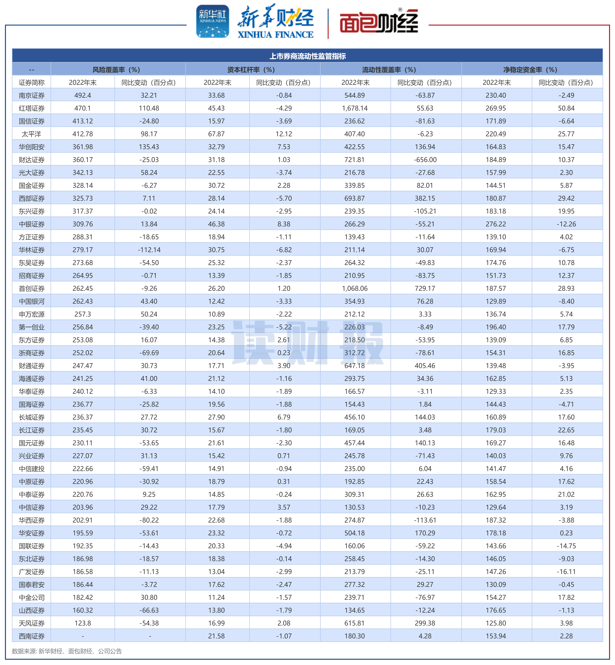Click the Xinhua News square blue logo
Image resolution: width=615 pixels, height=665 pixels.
(x=213, y=21)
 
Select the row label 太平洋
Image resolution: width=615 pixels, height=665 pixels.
(x=32, y=134)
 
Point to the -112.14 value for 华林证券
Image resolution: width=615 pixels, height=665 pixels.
(x=149, y=250)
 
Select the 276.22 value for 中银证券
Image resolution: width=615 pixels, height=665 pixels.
(x=496, y=224)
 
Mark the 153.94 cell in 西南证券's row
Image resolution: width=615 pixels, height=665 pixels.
(x=496, y=636)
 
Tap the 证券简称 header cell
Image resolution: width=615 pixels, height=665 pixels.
(x=32, y=82)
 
